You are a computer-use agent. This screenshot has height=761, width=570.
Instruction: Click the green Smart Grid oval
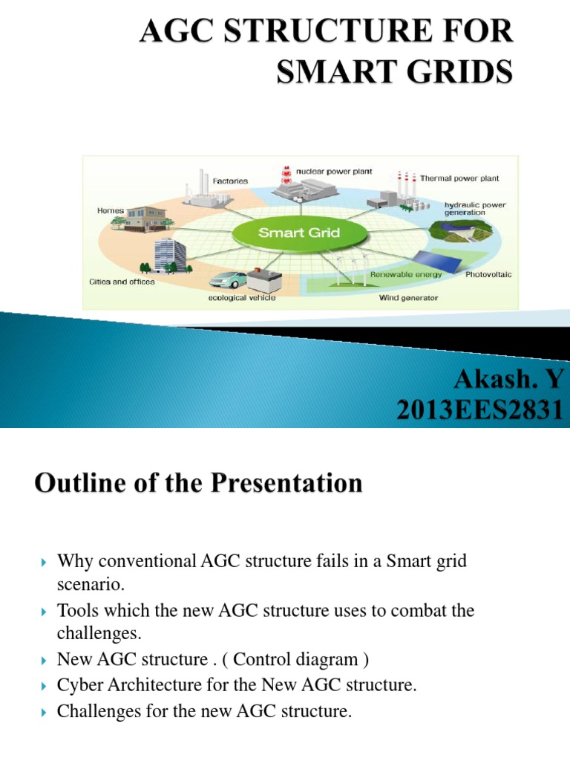click(x=298, y=233)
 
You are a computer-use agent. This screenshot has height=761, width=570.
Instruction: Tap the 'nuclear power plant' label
click(x=334, y=170)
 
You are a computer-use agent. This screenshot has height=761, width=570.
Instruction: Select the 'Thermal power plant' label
click(x=459, y=178)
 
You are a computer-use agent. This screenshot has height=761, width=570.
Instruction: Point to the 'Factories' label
click(x=231, y=181)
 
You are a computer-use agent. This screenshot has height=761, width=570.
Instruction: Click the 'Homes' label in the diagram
click(x=111, y=210)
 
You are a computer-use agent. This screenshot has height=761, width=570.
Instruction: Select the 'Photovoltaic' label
click(x=488, y=274)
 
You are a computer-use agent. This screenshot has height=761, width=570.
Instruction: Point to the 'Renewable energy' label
click(x=406, y=274)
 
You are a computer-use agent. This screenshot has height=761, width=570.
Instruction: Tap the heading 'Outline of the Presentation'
click(x=198, y=484)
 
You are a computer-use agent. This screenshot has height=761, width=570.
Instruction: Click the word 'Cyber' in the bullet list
click(x=79, y=686)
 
